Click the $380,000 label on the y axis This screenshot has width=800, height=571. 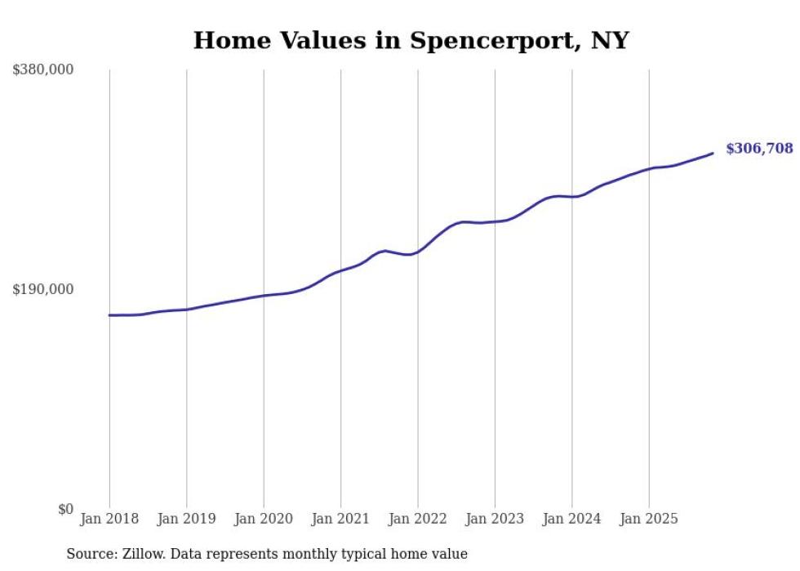43,69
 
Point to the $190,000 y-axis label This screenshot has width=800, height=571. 43,289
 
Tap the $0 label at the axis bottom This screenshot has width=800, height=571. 65,509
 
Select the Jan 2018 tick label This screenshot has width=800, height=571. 109,519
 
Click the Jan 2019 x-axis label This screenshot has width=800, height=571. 186,519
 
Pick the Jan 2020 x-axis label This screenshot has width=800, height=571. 264,519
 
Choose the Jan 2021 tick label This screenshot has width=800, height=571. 340,519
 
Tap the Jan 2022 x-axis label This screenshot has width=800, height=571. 418,519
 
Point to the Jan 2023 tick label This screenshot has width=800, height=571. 495,519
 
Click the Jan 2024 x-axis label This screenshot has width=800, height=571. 572,519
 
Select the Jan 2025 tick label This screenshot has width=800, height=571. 649,519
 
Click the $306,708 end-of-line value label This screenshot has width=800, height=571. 758,149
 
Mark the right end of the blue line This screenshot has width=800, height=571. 713,153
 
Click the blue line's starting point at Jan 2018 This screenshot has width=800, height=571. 109,314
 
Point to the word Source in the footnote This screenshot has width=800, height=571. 90,554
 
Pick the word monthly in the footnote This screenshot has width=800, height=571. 309,554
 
